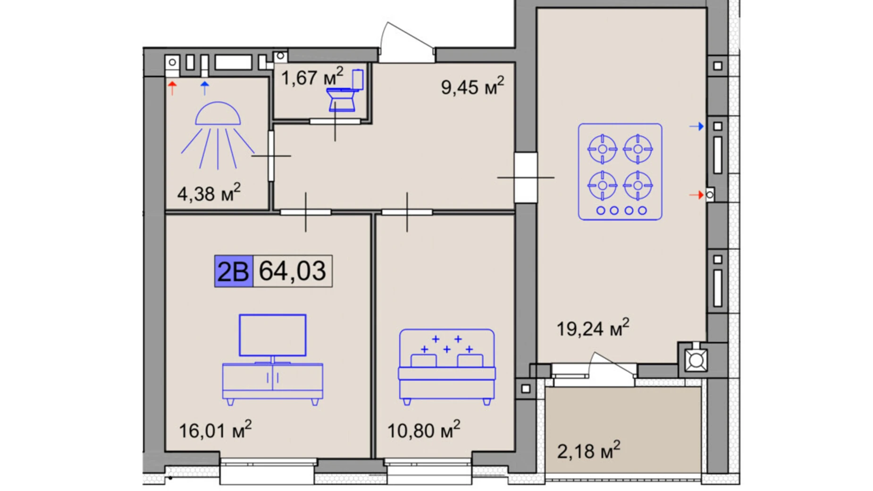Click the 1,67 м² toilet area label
[x=312, y=77]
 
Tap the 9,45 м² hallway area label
[x=472, y=86]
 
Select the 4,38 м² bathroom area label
[x=209, y=193]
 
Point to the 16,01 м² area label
[x=215, y=430]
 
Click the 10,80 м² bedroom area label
[x=423, y=430]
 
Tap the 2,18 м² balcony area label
[x=588, y=451]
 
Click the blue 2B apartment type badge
[x=234, y=271]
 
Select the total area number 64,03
[x=293, y=271]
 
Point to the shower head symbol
[x=218, y=135]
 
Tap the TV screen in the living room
[x=273, y=335]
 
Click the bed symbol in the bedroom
[x=447, y=367]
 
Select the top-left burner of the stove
[x=602, y=149]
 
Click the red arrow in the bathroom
[x=172, y=88]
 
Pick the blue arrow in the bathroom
[x=204, y=88]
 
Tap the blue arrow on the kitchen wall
[x=697, y=127]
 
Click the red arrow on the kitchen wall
[x=697, y=195]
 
